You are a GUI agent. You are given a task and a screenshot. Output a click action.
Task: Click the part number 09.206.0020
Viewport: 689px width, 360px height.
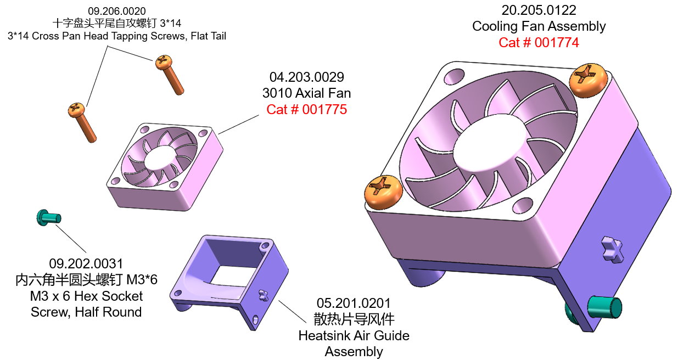(116, 11)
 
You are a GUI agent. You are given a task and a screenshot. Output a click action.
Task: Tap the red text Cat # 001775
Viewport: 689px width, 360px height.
(307, 109)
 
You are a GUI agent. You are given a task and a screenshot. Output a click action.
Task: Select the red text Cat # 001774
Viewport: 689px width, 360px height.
(539, 42)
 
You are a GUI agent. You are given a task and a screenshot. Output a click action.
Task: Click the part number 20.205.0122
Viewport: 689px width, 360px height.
(539, 10)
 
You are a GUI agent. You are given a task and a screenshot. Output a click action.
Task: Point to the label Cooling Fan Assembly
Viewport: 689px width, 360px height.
(539, 26)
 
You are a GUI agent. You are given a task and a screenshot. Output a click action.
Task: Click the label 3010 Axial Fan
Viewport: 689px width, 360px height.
(307, 93)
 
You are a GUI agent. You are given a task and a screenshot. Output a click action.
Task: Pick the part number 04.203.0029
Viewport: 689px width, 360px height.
(307, 77)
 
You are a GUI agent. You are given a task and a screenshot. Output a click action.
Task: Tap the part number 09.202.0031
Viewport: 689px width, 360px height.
(86, 264)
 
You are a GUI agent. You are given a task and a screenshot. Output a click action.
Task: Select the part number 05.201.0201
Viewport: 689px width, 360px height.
(354, 303)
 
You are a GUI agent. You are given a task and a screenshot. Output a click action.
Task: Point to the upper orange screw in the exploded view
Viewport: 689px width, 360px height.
(169, 74)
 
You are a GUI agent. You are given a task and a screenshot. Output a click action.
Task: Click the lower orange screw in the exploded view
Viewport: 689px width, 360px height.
(82, 121)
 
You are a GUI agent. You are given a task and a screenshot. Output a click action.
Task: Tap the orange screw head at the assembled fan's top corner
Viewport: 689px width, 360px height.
(588, 80)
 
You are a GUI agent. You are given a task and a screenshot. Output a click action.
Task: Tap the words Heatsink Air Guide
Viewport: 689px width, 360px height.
(354, 335)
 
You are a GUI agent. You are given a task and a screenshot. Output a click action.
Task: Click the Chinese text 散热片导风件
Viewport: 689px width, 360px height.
(354, 319)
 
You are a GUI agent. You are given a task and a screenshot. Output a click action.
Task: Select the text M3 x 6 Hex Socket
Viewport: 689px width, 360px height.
(86, 296)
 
